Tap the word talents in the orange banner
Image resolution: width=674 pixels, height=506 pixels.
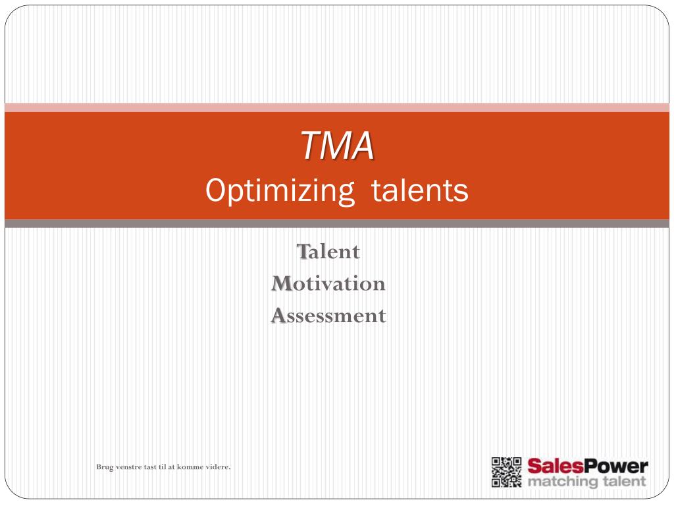point(419,191)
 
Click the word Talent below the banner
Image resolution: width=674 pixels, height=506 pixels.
point(328,252)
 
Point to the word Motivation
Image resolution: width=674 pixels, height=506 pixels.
point(328,284)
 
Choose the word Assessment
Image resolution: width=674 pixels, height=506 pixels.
point(328,316)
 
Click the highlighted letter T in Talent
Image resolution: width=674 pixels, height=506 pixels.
point(303,252)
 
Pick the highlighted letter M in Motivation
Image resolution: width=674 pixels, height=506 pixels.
point(281,284)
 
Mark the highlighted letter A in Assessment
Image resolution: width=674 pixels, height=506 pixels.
point(278,316)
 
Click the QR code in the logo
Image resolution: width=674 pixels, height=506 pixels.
point(506,472)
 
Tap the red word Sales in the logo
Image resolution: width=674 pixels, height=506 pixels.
point(552,466)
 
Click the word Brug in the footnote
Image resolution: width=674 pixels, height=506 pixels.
point(105,467)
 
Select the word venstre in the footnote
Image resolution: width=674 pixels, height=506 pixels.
point(129,467)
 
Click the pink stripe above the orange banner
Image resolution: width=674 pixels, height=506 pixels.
point(337,107)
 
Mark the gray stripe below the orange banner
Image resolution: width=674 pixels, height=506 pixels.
point(337,224)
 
